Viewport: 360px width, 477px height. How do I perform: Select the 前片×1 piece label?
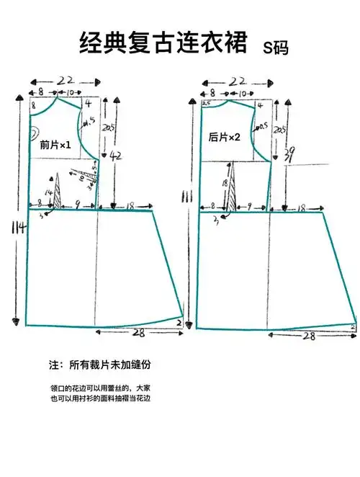[x=55, y=146]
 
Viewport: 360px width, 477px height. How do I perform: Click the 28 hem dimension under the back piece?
[x=308, y=336]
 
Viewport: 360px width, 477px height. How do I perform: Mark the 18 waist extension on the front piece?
[x=130, y=206]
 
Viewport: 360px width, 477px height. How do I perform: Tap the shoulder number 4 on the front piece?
[x=87, y=104]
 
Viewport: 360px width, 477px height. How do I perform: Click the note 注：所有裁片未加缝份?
[x=103, y=366]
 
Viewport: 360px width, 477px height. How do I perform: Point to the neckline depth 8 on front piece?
[x=33, y=105]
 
